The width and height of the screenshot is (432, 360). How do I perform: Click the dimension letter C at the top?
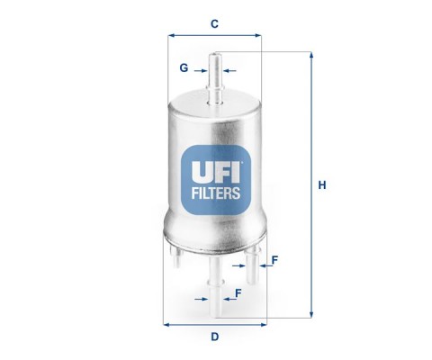214,23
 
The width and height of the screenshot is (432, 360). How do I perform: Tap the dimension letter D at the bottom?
215,337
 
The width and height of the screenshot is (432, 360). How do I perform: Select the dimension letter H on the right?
322,185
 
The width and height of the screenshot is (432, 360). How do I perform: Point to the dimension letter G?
184,68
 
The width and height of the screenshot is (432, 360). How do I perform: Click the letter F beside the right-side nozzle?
274,260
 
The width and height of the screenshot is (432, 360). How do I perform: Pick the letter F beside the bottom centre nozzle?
238,293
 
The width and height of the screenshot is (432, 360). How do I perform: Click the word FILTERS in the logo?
216,193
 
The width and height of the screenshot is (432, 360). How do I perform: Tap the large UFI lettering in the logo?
216,172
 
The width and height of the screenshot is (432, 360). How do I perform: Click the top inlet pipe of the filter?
215,78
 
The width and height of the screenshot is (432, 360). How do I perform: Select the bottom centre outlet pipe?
215,286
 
